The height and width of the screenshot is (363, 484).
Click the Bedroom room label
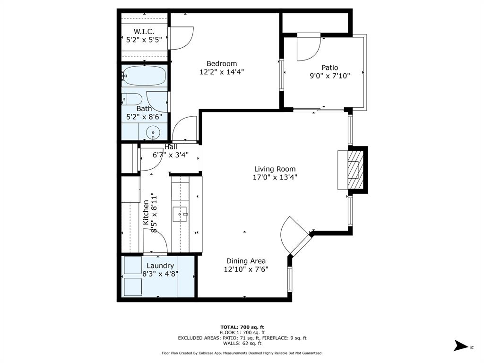(x=222, y=64)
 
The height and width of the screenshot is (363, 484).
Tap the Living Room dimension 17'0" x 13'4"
(x=275, y=177)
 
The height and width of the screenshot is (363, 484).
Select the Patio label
(x=330, y=68)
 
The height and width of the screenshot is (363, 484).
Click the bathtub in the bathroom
(x=145, y=76)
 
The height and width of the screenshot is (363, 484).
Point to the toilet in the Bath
(x=133, y=99)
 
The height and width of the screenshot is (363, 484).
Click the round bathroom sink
(x=153, y=132)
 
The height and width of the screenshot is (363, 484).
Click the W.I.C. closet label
(x=144, y=32)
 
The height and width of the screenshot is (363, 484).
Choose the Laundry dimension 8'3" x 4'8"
(x=160, y=274)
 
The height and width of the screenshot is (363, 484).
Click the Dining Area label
(x=246, y=261)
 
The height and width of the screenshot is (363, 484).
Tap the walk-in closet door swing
(x=182, y=38)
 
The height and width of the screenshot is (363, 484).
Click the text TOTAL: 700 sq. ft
(x=242, y=327)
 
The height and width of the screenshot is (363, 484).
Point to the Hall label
(x=171, y=147)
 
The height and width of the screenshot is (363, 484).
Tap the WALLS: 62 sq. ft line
(x=242, y=343)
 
